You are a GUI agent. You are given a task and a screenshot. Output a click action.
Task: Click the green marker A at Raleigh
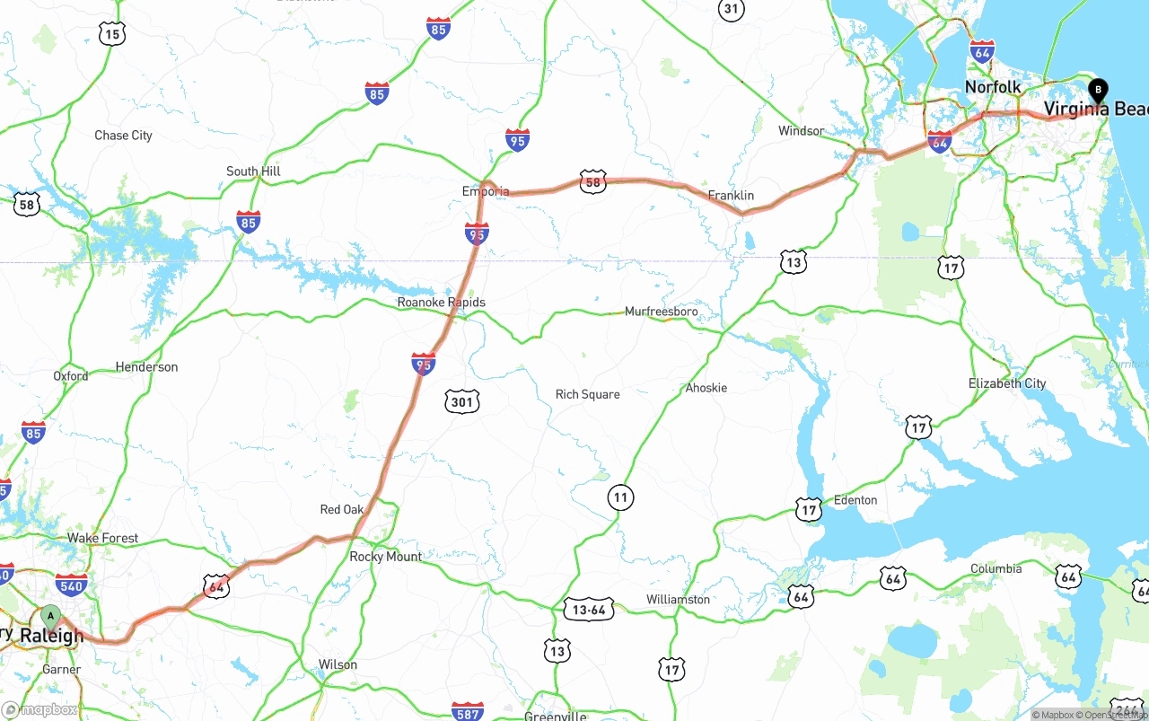pos(51,617)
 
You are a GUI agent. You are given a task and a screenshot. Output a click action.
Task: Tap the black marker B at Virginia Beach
pos(1097,91)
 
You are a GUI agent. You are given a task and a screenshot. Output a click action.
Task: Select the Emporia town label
pos(486,191)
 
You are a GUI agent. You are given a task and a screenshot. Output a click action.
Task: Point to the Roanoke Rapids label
pos(441,303)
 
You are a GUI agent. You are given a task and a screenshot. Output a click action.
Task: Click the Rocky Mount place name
pos(385,557)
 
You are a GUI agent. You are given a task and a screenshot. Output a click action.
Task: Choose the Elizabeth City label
pos(1006,383)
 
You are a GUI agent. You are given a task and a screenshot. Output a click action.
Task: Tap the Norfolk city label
pos(993,87)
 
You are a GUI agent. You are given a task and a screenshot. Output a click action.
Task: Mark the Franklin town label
pos(731,195)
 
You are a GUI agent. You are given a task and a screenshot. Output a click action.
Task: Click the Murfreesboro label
pos(661,312)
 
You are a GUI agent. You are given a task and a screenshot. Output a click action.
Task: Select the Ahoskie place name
pos(706,388)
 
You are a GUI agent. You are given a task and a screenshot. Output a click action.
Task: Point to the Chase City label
pos(123,136)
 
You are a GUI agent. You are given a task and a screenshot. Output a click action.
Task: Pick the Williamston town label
pos(678,599)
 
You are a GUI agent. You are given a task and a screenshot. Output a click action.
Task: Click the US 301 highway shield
pos(461,401)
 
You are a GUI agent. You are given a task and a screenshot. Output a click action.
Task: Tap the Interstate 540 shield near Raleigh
pos(71,585)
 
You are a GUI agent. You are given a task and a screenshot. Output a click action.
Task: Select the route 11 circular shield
pos(619,497)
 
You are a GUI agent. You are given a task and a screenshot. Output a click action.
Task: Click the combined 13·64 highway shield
pos(588,610)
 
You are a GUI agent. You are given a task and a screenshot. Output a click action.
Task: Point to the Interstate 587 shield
pos(467,711)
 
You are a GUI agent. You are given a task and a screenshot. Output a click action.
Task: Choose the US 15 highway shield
pos(111,35)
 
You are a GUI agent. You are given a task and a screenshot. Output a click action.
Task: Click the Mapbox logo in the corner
pos(39,709)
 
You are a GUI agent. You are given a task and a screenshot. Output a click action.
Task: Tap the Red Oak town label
pos(342,510)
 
